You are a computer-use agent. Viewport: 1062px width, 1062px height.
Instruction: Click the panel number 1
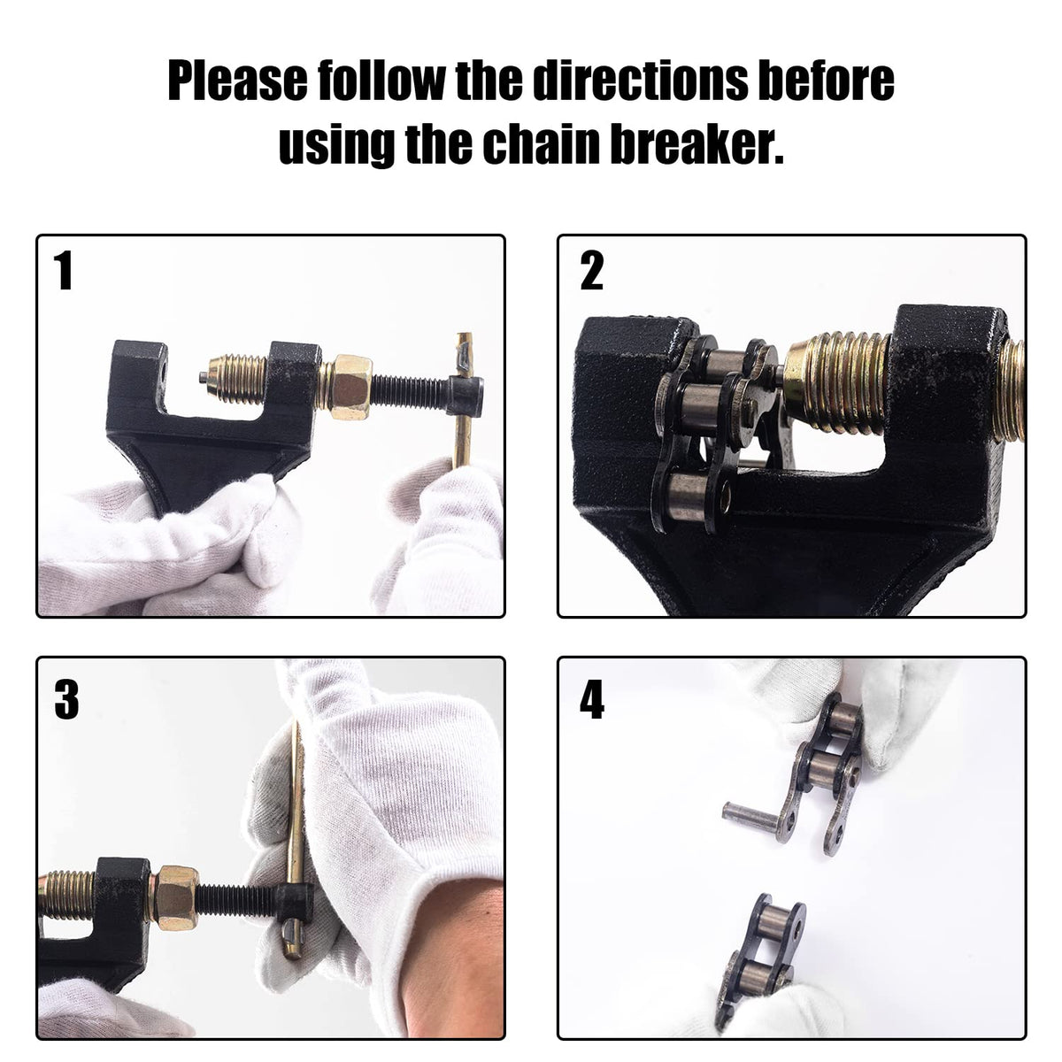64,270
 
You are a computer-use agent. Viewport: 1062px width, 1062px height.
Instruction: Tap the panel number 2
591,270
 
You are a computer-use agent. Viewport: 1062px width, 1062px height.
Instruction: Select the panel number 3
66,699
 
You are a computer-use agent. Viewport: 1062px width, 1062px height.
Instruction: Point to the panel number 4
592,699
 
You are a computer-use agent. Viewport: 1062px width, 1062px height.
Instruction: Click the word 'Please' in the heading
237,81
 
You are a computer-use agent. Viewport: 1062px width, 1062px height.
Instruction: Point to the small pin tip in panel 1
203,378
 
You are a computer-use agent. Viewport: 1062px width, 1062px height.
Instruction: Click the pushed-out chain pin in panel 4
750,826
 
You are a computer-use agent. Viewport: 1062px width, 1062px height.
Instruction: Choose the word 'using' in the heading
336,144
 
